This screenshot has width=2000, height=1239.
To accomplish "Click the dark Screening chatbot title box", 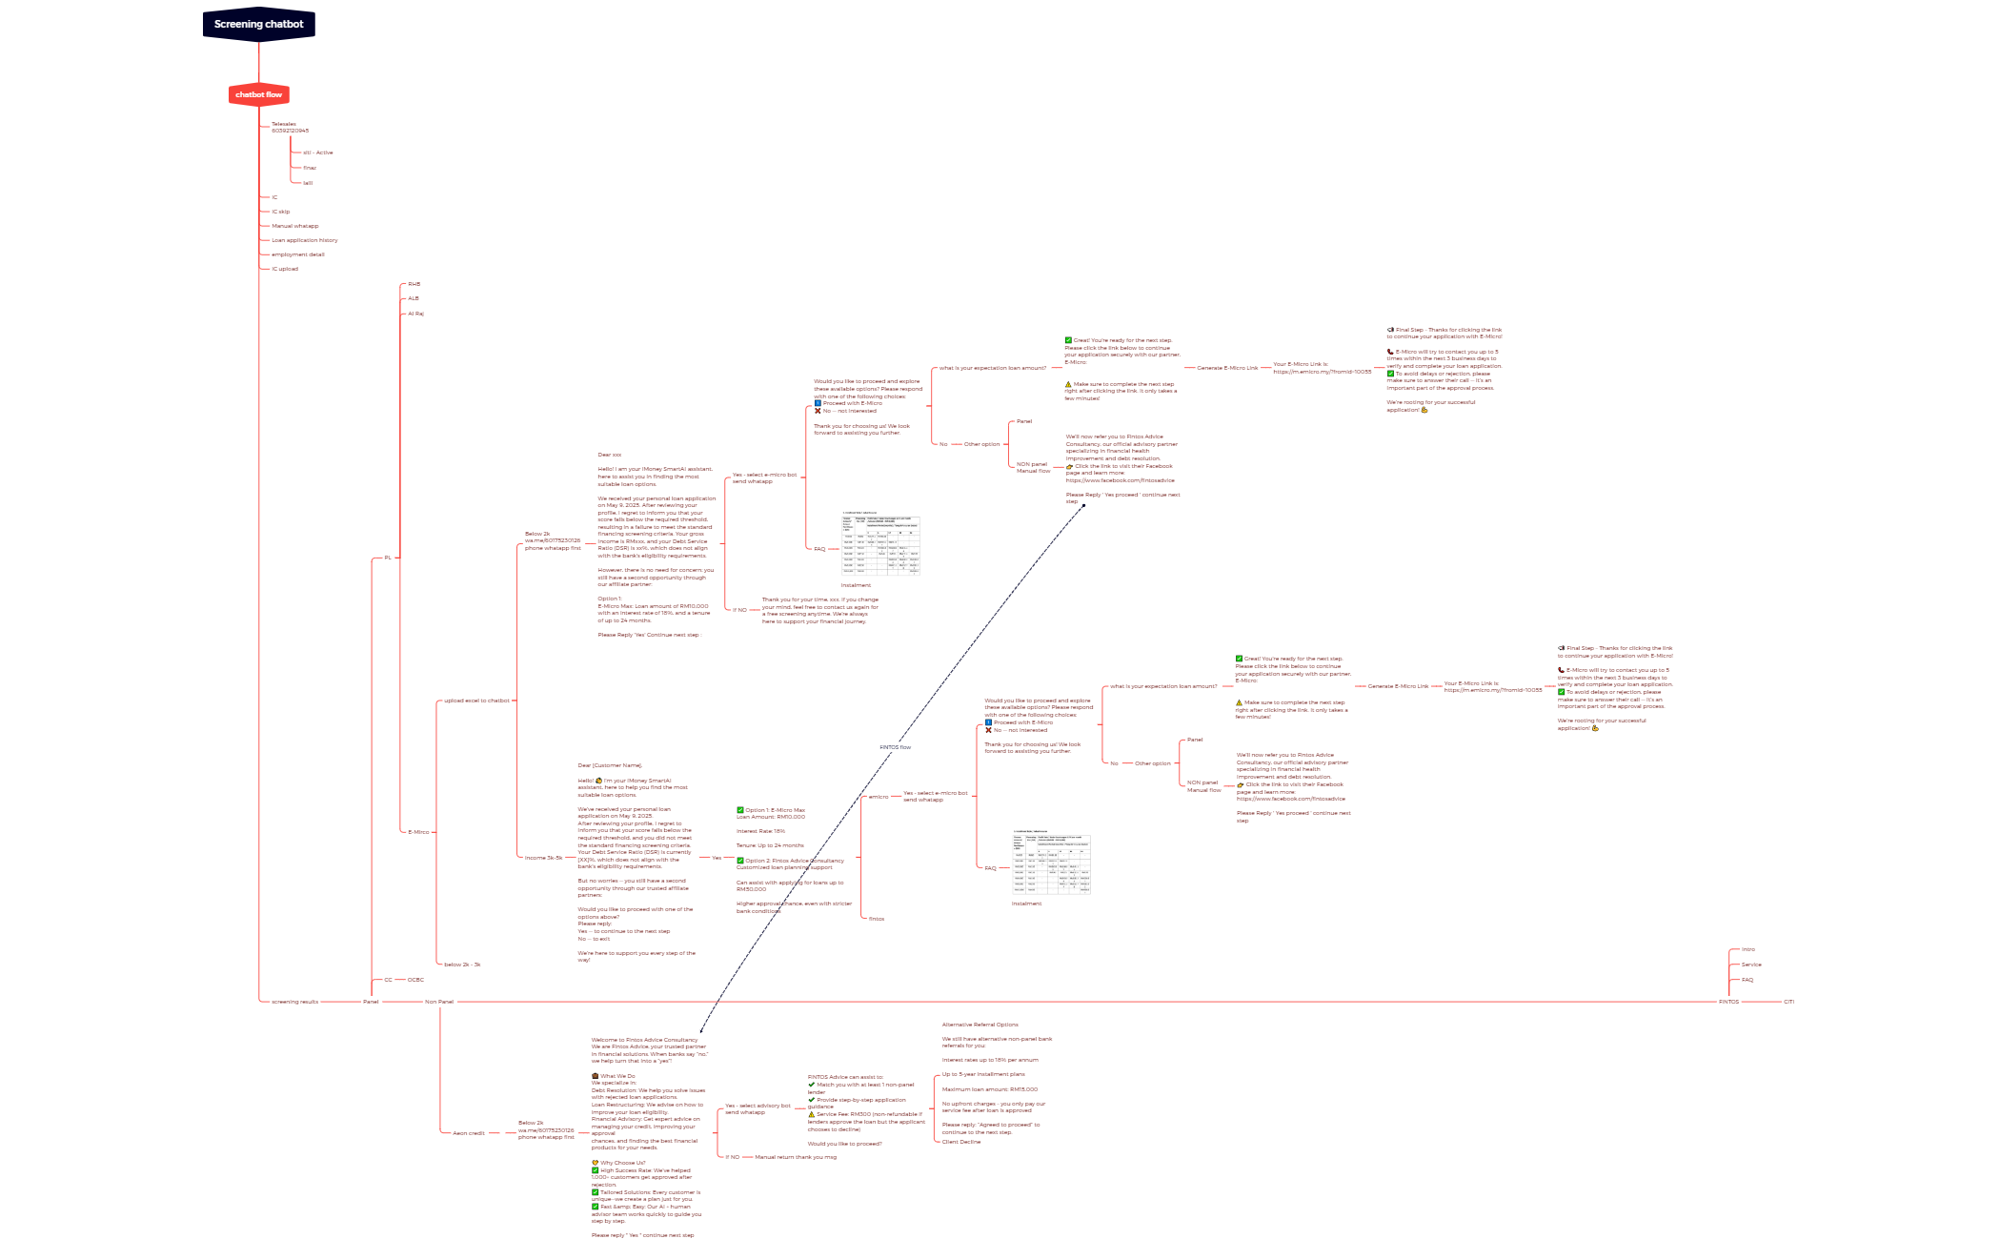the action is (x=258, y=25).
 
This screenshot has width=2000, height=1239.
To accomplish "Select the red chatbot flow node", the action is (x=258, y=94).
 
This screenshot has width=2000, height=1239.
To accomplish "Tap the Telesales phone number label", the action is (x=290, y=127).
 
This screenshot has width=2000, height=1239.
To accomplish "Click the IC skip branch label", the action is (x=281, y=212).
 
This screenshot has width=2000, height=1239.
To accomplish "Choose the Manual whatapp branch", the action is (x=295, y=226).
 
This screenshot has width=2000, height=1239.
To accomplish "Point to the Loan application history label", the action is (x=305, y=240).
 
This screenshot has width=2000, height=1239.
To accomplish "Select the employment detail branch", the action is (x=298, y=254).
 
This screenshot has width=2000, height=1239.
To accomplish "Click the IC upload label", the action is (x=285, y=269).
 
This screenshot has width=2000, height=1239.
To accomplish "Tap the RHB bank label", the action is (x=414, y=284).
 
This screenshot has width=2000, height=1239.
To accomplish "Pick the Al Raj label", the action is (x=416, y=314).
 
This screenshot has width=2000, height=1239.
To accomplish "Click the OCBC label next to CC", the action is (x=415, y=980).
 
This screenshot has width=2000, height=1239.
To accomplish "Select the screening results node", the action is (x=295, y=1002).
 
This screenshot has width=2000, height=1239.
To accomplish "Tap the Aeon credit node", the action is (x=469, y=1133).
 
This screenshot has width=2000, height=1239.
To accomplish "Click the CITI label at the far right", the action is (x=1788, y=1002).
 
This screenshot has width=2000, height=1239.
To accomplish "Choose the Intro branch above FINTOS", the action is (x=1747, y=949).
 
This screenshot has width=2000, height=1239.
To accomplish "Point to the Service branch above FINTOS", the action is (x=1751, y=965).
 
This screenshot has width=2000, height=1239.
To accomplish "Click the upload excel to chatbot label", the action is (x=476, y=701).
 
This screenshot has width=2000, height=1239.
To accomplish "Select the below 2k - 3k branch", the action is (x=462, y=965).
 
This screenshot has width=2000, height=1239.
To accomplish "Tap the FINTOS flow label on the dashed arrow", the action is (x=895, y=747).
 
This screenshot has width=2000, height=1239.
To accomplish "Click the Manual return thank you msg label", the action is (x=796, y=1157).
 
